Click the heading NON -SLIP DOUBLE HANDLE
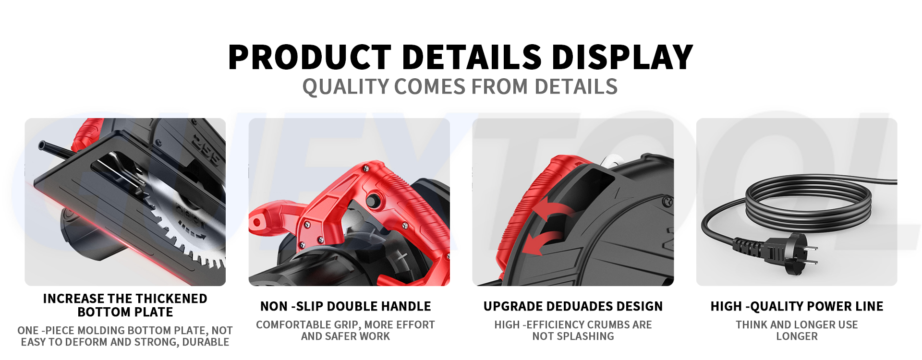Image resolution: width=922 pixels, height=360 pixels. coord(345,306)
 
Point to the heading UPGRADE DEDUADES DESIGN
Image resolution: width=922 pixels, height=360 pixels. coord(573,306)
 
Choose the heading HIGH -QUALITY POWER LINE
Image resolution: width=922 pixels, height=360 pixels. coord(797,306)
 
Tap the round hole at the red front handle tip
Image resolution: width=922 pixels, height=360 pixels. coord(257,223)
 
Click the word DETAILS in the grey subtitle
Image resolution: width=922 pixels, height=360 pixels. coord(576,87)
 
